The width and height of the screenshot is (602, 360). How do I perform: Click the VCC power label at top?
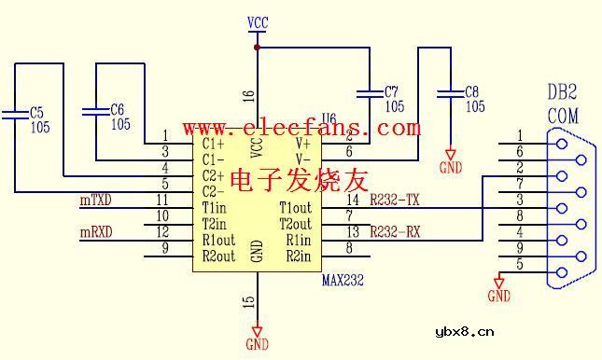click(x=258, y=21)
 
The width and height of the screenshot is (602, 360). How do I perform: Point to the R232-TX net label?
click(x=395, y=200)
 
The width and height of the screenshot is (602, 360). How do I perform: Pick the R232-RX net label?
click(x=395, y=232)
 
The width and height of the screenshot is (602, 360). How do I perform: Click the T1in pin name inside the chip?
click(x=215, y=207)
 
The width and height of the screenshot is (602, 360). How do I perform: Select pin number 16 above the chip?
click(x=248, y=95)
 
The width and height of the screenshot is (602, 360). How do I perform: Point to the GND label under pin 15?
click(x=258, y=344)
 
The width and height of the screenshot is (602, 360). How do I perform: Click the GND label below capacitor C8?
click(x=452, y=168)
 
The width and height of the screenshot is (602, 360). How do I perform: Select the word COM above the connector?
click(x=562, y=116)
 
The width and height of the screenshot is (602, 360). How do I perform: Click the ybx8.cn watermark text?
click(x=464, y=331)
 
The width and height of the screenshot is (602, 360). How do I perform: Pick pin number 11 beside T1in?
click(x=162, y=200)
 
